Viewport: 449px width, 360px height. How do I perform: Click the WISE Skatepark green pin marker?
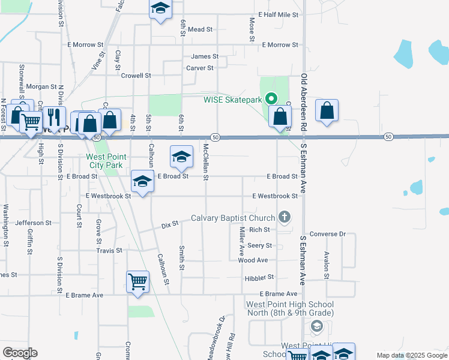271,99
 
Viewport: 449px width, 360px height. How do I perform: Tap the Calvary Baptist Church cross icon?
285,217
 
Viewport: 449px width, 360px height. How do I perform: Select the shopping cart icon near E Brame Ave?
137,281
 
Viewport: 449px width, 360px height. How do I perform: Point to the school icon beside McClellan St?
181,157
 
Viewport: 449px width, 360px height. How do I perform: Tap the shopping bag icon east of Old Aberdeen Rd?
327,111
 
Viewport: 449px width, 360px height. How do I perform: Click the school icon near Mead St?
160,9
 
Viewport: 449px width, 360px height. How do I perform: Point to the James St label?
205,56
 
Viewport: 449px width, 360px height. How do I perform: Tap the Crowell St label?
136,76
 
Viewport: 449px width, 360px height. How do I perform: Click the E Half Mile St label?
278,14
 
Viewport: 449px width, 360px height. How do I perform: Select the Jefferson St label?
30,223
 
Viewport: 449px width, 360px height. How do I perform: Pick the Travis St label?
110,250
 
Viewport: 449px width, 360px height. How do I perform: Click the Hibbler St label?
259,277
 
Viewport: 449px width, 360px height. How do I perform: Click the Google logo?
20,353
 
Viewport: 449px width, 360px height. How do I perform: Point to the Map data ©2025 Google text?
411,355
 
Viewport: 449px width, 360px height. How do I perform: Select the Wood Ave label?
253,260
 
